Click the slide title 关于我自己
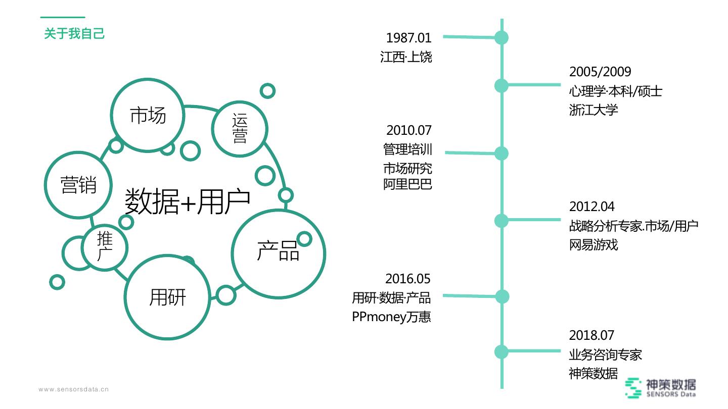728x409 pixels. [74, 34]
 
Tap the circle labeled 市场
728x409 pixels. [147, 115]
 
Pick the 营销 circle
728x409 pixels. [78, 184]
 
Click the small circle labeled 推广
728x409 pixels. [105, 247]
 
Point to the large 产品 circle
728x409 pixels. [278, 252]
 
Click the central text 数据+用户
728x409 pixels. [188, 201]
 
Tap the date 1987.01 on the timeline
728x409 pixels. [408, 37]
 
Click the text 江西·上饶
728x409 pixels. [406, 56]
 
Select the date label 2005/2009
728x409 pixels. [600, 72]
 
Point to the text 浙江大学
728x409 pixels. [594, 110]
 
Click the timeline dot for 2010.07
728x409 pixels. [501, 154]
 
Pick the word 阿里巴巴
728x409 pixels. [407, 184]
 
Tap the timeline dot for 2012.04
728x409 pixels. [501, 221]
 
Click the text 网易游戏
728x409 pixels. [594, 245]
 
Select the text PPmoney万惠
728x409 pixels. [391, 317]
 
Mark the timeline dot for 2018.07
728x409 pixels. [501, 351]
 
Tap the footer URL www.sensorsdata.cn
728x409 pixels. [74, 389]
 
